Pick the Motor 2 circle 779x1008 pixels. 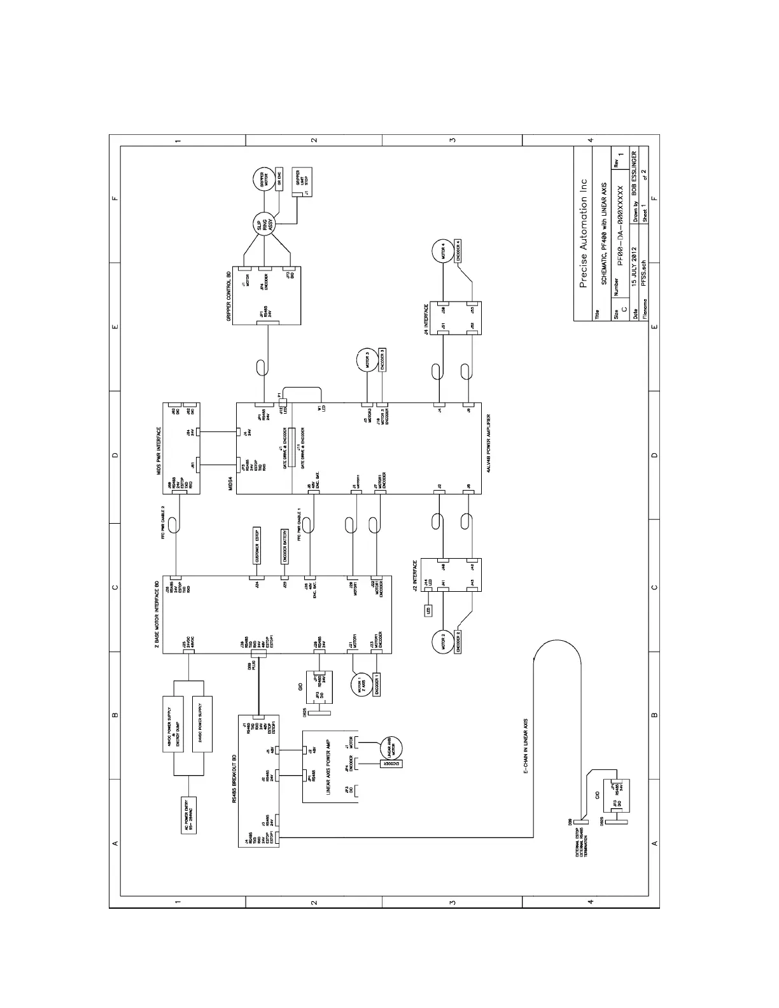(x=443, y=641)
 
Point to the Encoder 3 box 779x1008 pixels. (x=382, y=360)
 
